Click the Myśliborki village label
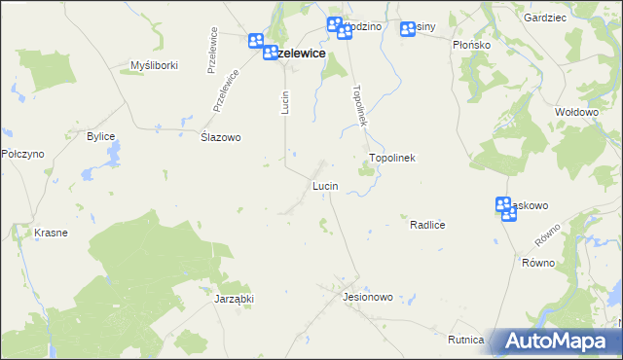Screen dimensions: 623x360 coord(151,66)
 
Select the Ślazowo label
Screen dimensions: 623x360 coord(220,137)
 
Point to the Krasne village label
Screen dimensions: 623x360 coord(50,234)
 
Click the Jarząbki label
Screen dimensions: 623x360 coord(234,300)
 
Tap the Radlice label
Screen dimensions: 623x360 coord(427,225)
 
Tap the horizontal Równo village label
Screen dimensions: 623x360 coord(537,263)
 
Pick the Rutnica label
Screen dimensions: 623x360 coord(466,340)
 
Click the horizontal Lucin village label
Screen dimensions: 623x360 coord(325,185)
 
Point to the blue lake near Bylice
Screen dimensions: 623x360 coord(114,153)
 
